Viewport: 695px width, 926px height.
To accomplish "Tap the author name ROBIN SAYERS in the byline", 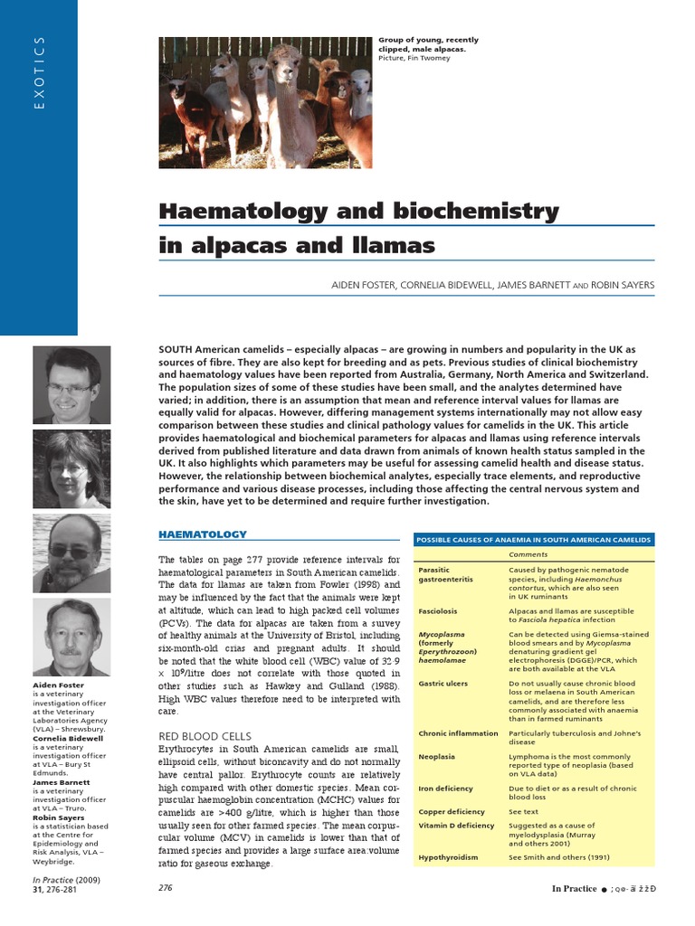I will click(623, 285).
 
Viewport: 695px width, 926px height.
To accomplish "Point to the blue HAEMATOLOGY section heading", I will click(202, 535).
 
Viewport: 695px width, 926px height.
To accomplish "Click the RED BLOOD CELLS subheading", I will click(205, 735).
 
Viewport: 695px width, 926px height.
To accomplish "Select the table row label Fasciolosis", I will click(438, 611).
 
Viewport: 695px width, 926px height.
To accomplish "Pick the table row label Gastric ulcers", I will click(443, 684).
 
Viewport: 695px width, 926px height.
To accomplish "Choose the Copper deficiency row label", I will click(452, 811).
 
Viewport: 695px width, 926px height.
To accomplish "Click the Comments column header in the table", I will click(528, 554).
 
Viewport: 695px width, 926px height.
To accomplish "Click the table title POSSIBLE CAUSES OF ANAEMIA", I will click(532, 539).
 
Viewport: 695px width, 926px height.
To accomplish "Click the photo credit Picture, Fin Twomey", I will click(414, 58).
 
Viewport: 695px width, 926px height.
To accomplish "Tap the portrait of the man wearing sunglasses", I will click(72, 553).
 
